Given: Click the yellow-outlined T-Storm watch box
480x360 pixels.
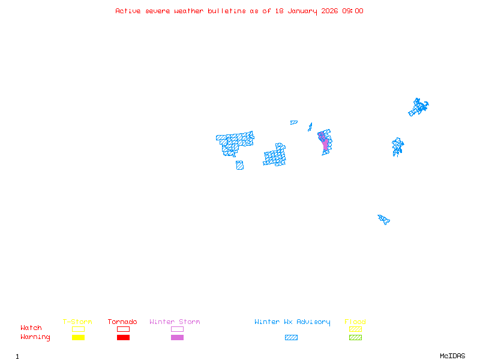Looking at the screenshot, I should coord(78,329).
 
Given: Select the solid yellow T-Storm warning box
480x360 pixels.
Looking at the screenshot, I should coord(78,338).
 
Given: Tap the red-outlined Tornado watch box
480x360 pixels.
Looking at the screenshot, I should coord(123,329).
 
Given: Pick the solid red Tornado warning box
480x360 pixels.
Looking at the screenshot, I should coord(123,338).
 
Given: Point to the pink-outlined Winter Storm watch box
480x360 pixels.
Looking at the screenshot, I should coord(177,329).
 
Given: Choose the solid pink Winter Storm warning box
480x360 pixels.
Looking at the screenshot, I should coord(177,338).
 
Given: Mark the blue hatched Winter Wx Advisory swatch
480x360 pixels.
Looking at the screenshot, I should coord(291,338).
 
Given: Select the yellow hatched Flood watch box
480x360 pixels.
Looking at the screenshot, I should coord(355,329).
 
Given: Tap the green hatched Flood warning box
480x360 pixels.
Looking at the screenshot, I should coord(355,338).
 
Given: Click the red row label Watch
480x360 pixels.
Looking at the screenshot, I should coord(31,328).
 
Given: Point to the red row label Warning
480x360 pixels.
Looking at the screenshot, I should coord(35,337).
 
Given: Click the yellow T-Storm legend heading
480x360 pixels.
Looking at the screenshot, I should coord(77,322).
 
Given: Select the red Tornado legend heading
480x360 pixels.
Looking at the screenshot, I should coord(122,322).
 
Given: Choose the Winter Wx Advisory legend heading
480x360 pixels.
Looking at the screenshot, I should coord(292,322).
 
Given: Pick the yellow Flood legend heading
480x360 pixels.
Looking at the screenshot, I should coord(355,322).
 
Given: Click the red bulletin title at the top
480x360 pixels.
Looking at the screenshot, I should coord(239,11).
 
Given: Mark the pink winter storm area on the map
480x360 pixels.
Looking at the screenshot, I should coord(325,143).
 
